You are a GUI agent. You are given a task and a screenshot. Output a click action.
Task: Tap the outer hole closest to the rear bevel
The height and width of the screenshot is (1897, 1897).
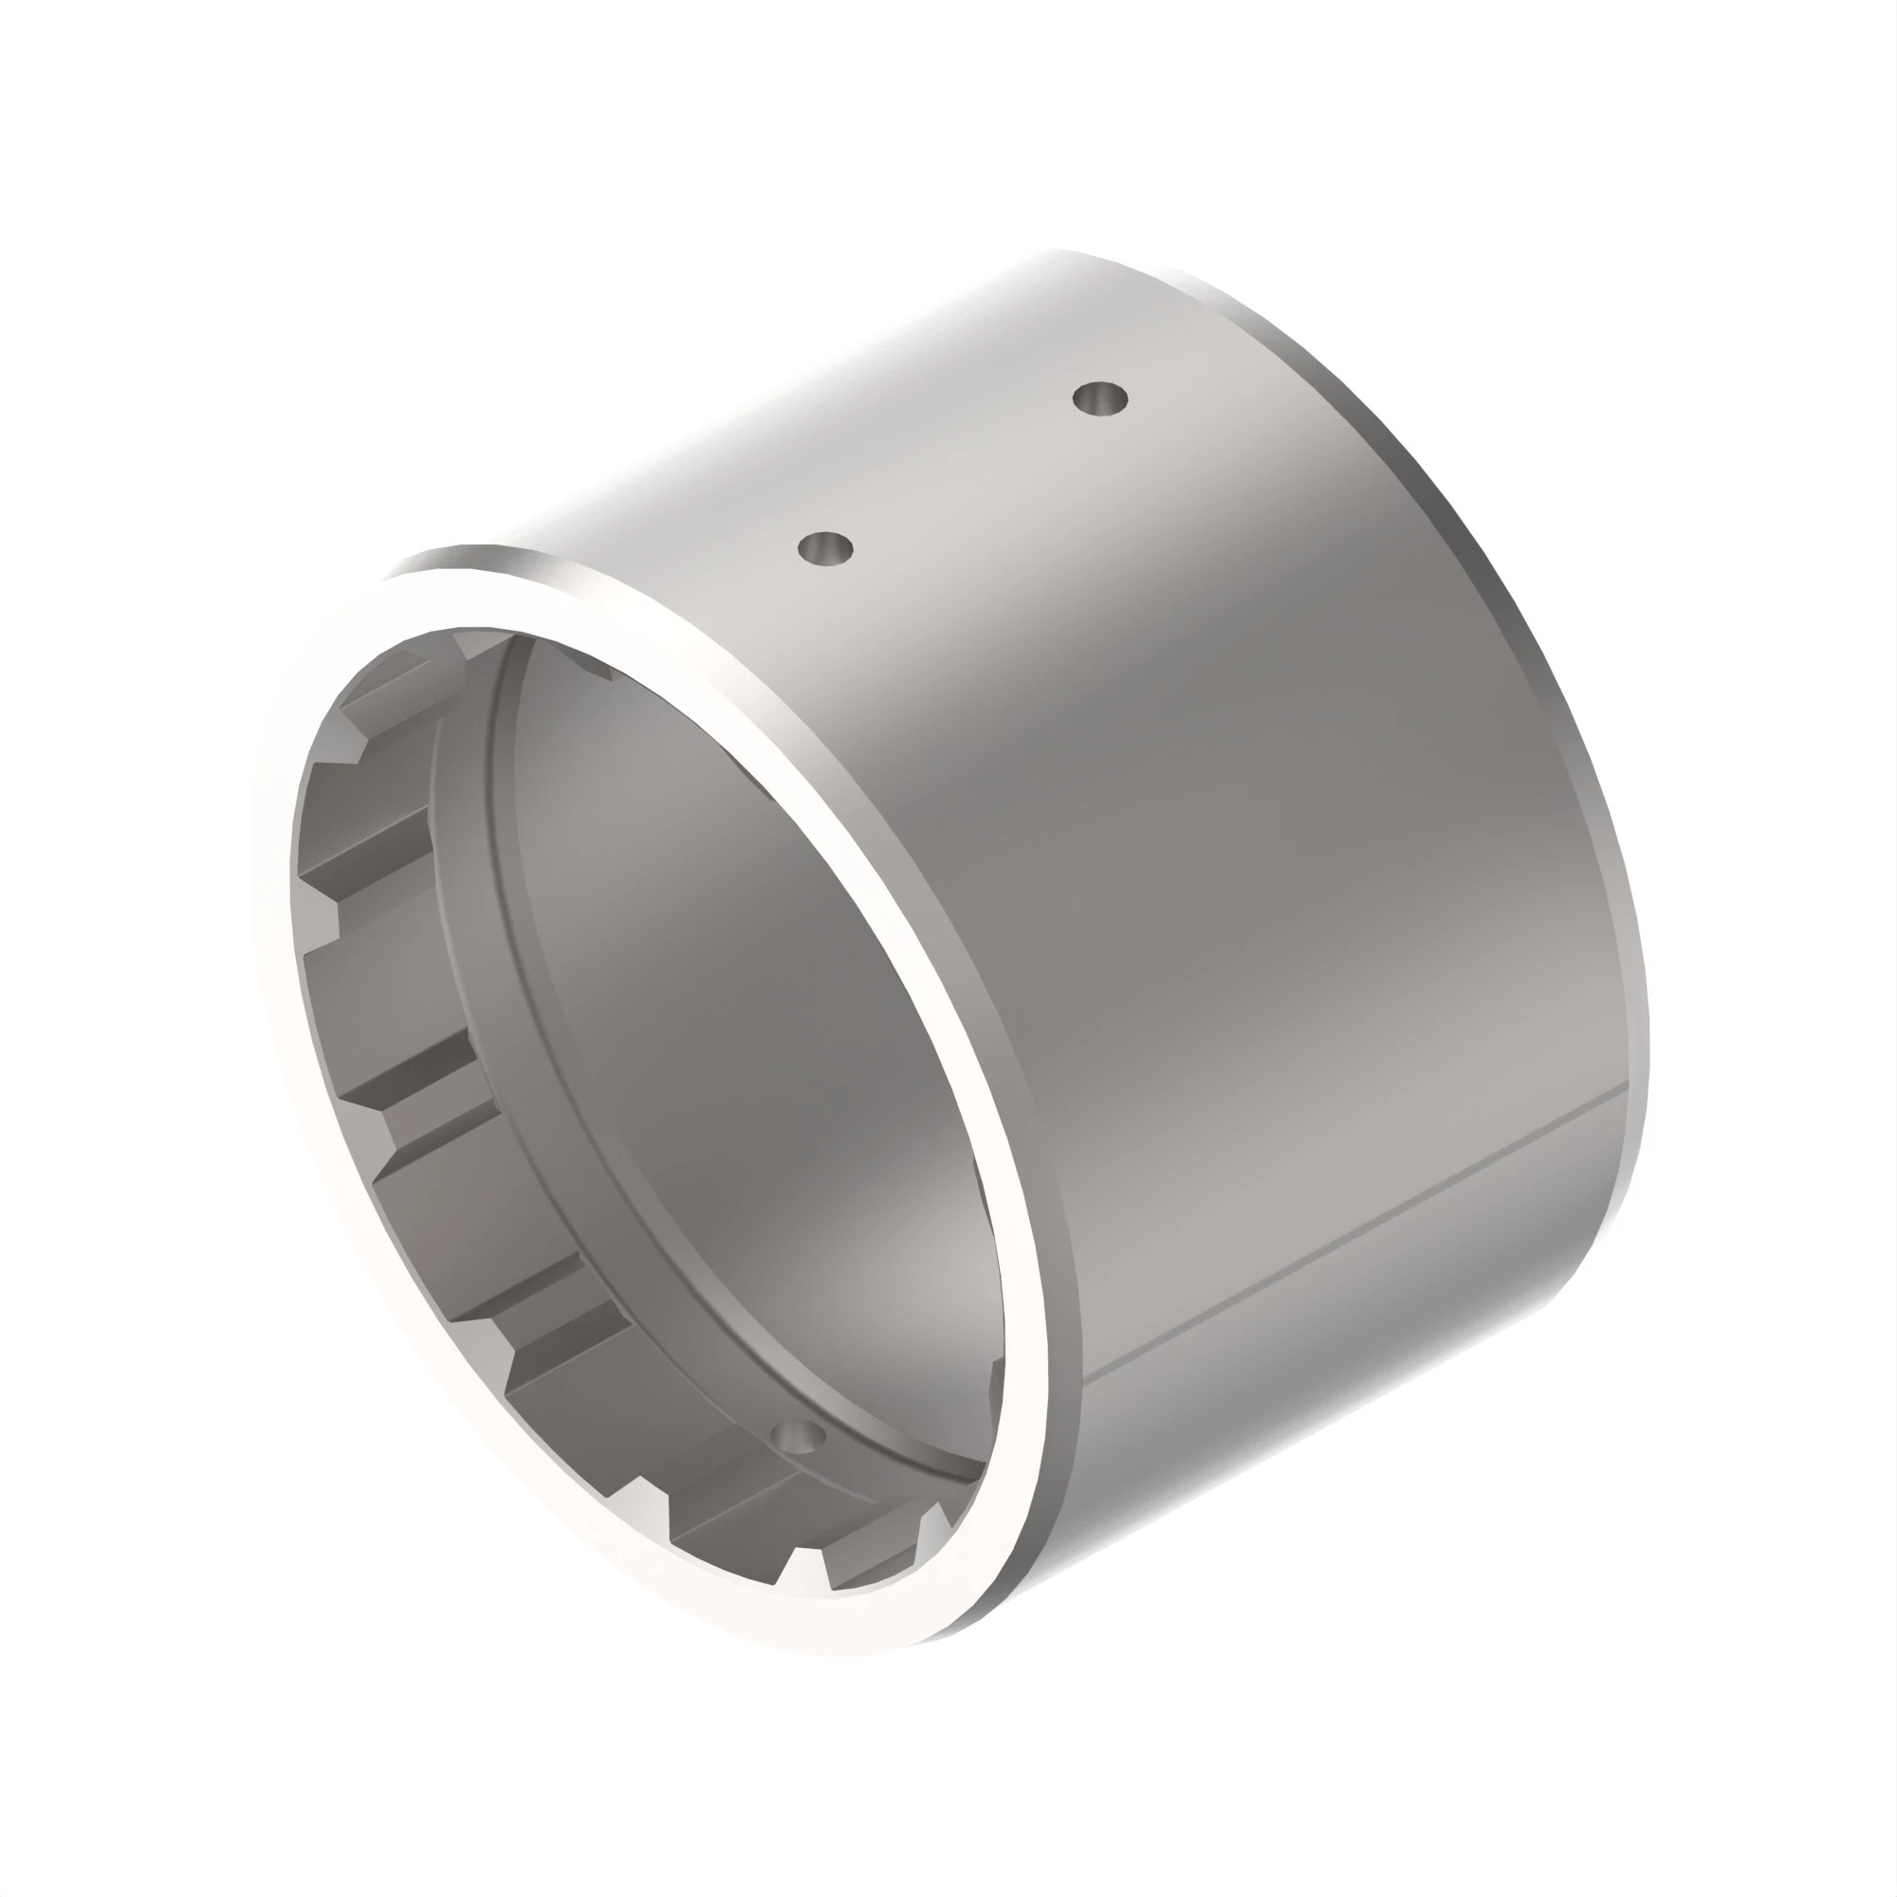pyautogui.click(x=1098, y=398)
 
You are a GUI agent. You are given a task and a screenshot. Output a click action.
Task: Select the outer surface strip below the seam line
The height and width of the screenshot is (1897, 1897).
pyautogui.click(x=1374, y=1326)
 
